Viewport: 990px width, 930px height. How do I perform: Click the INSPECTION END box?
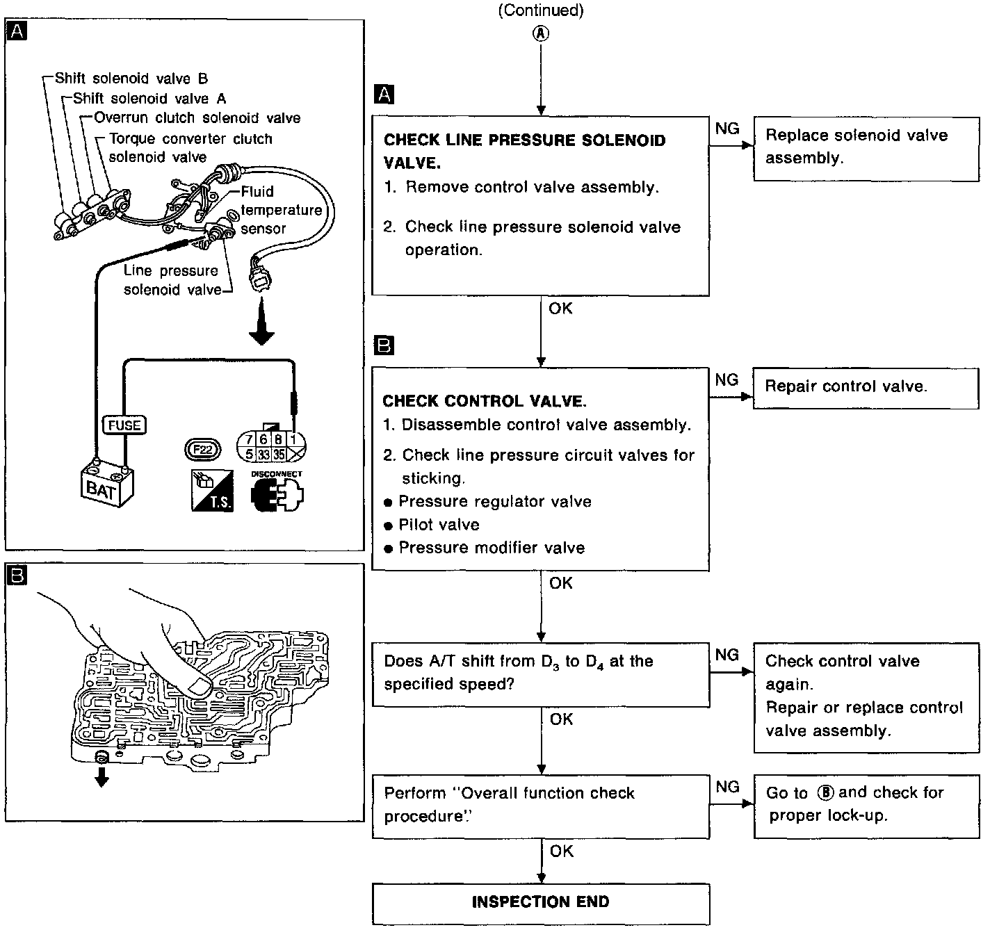click(x=540, y=902)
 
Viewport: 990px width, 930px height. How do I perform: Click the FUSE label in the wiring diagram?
click(x=124, y=425)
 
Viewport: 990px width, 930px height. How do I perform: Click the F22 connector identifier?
click(x=202, y=450)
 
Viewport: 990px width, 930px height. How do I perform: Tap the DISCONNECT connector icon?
click(x=277, y=492)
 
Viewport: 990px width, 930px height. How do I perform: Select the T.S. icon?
click(x=213, y=490)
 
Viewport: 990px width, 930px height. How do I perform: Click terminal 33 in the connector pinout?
click(x=263, y=455)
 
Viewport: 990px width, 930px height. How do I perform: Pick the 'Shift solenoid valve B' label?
click(x=131, y=79)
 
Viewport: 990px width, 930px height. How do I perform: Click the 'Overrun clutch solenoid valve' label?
click(x=197, y=118)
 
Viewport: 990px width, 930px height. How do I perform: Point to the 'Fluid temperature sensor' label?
click(x=280, y=210)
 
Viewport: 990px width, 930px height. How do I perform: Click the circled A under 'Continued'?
click(x=540, y=33)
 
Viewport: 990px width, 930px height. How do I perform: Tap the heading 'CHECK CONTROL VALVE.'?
click(x=485, y=401)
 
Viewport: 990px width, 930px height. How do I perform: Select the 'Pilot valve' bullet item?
click(x=439, y=525)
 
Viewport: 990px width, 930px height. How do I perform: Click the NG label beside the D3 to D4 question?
click(x=727, y=655)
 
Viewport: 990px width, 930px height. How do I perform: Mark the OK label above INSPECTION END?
click(x=561, y=851)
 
